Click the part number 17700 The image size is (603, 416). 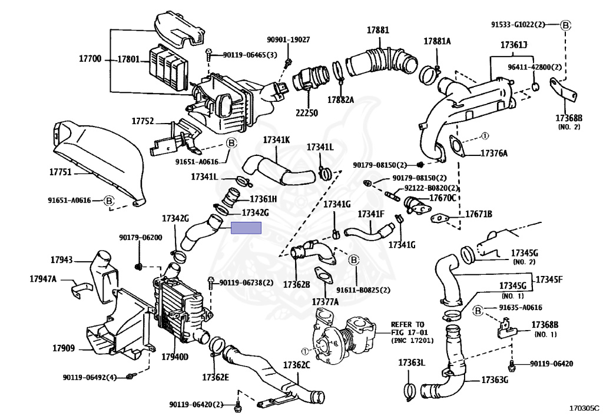pos(90,59)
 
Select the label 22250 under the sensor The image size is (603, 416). pos(307,112)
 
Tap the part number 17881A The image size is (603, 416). pos(438,41)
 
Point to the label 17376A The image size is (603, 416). pos(494,154)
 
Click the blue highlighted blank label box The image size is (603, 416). pos(246,228)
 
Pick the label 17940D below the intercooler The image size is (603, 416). pos(175,357)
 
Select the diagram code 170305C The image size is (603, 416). pos(584,408)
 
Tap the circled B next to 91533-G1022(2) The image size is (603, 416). pos(565,25)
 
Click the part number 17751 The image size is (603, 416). pos(61,172)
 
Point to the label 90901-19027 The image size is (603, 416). pos(289,39)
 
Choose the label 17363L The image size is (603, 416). pos(412,362)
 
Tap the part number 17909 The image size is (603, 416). pos(64,348)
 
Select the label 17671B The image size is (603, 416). pos(479,214)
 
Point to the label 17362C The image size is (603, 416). pos(297,365)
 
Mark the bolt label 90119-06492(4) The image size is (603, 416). pos(90,377)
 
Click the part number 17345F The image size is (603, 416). pos(549,279)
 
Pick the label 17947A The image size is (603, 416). pos(43,278)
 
